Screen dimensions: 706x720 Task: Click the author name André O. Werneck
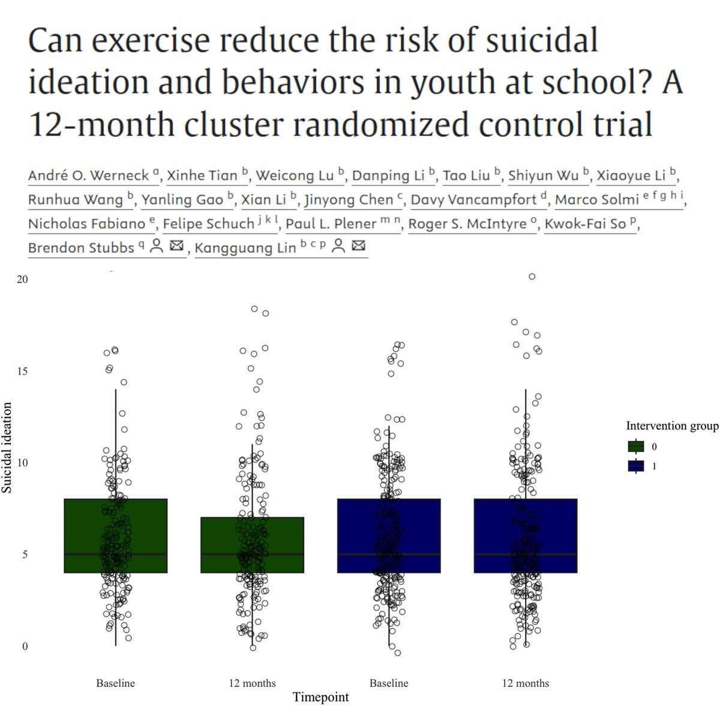88,176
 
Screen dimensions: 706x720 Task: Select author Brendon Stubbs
80,248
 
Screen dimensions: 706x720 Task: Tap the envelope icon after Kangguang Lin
358,246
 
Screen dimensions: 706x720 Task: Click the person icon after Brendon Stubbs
157,246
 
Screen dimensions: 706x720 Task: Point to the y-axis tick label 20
22,280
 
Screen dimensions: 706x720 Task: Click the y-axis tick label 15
22,371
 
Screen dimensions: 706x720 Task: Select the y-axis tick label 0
25,647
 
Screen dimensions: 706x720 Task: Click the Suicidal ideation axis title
7,447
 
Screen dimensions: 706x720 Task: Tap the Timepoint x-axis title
320,697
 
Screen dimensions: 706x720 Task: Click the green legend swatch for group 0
635,447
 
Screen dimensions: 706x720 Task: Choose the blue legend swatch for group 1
635,466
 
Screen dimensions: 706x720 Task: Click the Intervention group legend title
672,426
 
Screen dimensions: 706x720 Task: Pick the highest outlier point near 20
532,277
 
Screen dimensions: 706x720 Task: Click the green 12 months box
252,545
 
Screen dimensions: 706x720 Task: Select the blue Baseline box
389,536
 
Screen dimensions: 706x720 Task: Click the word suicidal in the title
541,41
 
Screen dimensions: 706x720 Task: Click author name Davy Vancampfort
473,200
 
